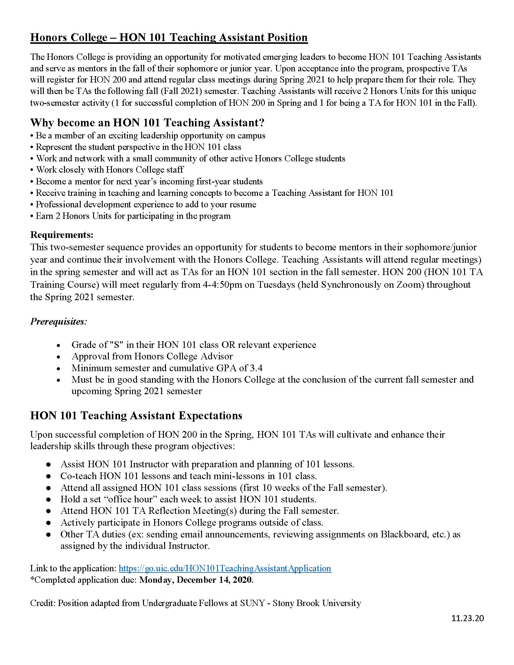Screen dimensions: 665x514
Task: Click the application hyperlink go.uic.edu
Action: coord(225,568)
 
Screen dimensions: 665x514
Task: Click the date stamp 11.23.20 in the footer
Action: coord(468,618)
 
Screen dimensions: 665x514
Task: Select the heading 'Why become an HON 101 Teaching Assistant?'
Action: coord(147,123)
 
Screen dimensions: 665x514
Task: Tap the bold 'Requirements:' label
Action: coord(62,235)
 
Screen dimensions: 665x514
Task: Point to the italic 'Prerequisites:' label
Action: coord(58,322)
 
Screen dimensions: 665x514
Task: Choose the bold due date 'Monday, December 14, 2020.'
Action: coord(197,580)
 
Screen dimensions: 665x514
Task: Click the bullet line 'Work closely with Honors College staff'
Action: coord(110,170)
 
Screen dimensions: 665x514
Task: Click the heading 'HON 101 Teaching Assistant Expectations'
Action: coord(136,416)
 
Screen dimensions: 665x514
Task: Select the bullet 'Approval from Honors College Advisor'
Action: coord(152,356)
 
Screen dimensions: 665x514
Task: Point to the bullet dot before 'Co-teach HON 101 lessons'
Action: coord(48,476)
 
